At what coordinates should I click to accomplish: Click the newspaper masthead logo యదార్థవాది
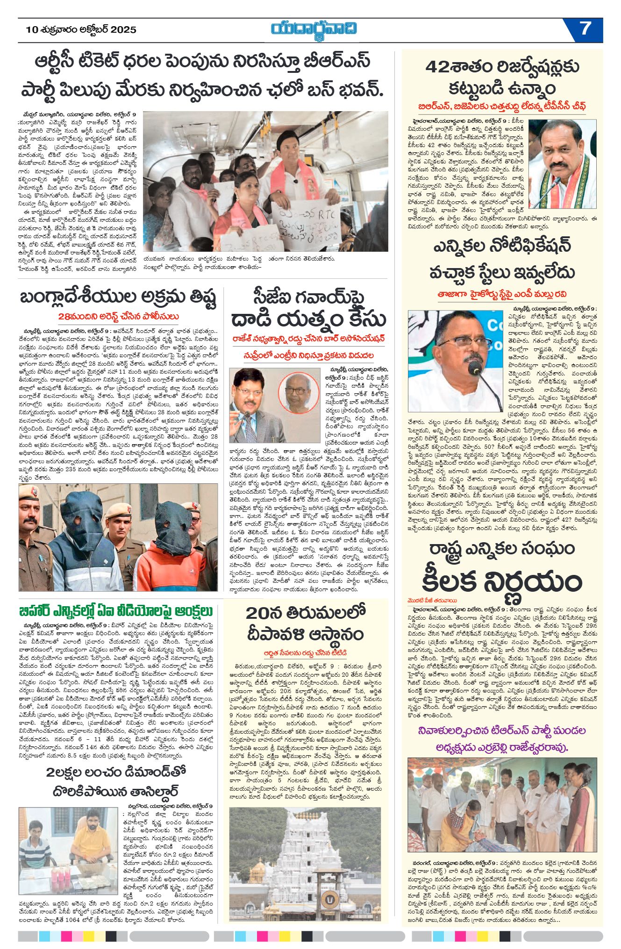click(314, 28)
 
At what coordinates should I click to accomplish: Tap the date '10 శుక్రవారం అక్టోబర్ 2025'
click(81, 30)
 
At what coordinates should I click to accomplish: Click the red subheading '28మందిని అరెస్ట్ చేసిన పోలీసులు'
click(119, 317)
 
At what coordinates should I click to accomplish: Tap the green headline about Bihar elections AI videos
click(116, 611)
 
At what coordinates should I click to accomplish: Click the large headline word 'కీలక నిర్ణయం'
click(502, 581)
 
